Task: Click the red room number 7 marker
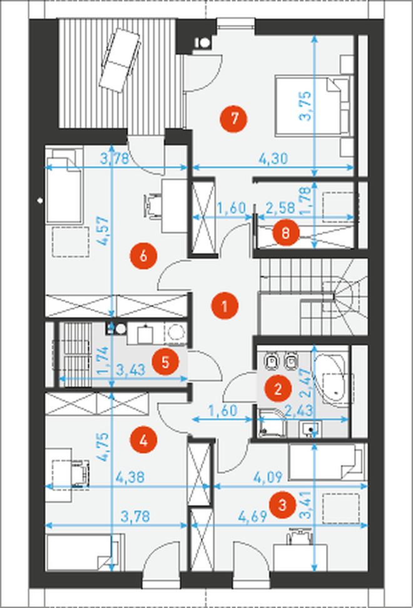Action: (x=233, y=119)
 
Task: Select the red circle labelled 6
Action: (x=143, y=256)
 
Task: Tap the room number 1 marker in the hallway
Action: (x=225, y=306)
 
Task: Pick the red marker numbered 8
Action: (x=285, y=233)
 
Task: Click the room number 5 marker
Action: (x=165, y=362)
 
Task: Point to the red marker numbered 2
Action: (x=278, y=389)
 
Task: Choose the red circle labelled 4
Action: (x=143, y=441)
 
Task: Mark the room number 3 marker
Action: (x=283, y=505)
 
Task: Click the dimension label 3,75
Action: (x=305, y=106)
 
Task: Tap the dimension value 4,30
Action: (x=273, y=159)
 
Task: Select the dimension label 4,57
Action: (x=103, y=231)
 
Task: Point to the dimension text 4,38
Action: (x=130, y=478)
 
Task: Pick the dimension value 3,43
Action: (x=131, y=370)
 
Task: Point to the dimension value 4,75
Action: (x=103, y=446)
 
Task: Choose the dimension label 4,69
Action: (x=252, y=516)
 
